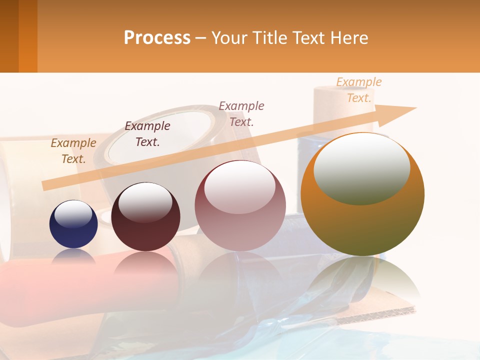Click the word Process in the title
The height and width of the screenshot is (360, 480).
[157, 38]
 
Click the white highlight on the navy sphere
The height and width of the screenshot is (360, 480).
[73, 214]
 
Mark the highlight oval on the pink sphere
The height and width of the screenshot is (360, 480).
[240, 187]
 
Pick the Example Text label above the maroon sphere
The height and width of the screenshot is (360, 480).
[147, 134]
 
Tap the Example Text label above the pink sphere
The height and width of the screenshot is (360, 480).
[241, 113]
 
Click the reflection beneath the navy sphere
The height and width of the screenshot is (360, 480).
[73, 256]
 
